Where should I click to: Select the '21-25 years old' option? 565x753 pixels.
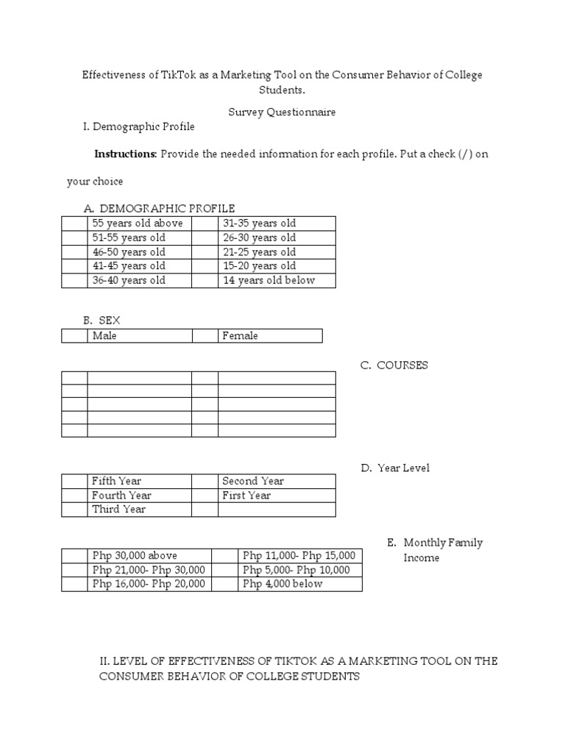tap(276, 252)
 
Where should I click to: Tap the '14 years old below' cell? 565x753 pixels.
tap(276, 280)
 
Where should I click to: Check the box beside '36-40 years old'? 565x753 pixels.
tap(74, 280)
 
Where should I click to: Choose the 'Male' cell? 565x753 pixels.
tap(140, 336)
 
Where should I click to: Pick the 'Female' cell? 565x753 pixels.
tap(269, 336)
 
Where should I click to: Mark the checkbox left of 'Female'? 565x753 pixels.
tap(205, 336)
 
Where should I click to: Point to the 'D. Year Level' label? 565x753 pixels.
tap(395, 468)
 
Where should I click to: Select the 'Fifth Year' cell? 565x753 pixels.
tap(140, 482)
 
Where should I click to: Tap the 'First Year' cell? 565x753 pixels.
tap(276, 496)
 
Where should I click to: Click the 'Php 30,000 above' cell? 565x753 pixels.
tap(149, 556)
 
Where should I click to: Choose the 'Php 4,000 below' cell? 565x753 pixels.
tap(300, 585)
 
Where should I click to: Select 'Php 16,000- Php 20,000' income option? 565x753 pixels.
tap(149, 585)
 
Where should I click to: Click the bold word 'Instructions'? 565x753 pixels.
tap(125, 155)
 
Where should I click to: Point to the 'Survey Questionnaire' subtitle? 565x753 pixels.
tap(282, 112)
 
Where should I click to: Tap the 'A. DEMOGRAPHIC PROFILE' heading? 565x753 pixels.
tap(159, 209)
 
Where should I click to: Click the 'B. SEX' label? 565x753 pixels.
tap(102, 321)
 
